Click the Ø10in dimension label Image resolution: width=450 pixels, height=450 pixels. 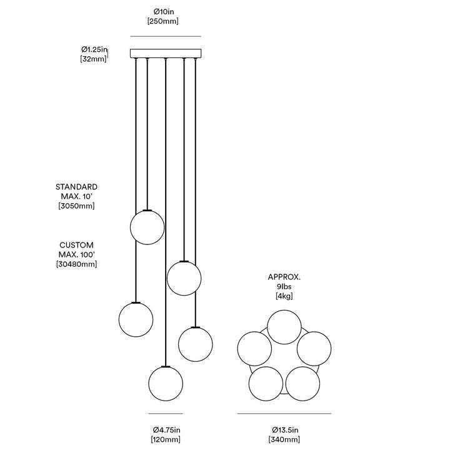click(x=163, y=12)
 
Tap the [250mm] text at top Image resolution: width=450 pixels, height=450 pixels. click(x=163, y=21)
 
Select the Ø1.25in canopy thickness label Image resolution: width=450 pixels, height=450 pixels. click(x=94, y=49)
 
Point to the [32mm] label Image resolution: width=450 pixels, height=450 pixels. click(x=93, y=59)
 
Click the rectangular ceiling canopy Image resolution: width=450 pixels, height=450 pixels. click(x=166, y=53)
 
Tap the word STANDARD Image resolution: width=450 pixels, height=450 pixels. click(x=77, y=187)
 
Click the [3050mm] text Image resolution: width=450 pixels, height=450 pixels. click(x=77, y=206)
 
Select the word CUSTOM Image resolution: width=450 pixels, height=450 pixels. click(x=77, y=245)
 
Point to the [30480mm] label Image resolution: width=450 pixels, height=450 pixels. click(x=77, y=264)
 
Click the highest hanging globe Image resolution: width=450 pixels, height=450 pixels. click(x=147, y=227)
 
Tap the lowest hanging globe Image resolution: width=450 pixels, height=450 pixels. click(x=166, y=384)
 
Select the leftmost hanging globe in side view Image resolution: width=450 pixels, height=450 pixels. click(x=136, y=319)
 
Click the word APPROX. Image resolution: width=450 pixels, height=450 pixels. click(x=284, y=277)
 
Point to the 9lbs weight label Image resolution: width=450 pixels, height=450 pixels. click(x=284, y=286)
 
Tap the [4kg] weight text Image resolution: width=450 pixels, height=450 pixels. click(x=284, y=296)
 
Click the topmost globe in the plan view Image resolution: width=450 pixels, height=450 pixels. click(x=284, y=327)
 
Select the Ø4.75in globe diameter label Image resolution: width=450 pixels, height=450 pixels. click(x=166, y=430)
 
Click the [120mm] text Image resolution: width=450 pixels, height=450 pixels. click(x=166, y=439)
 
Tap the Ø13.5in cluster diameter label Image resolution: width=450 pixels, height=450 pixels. click(x=285, y=430)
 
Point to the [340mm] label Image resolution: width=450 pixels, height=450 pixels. click(x=284, y=439)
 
